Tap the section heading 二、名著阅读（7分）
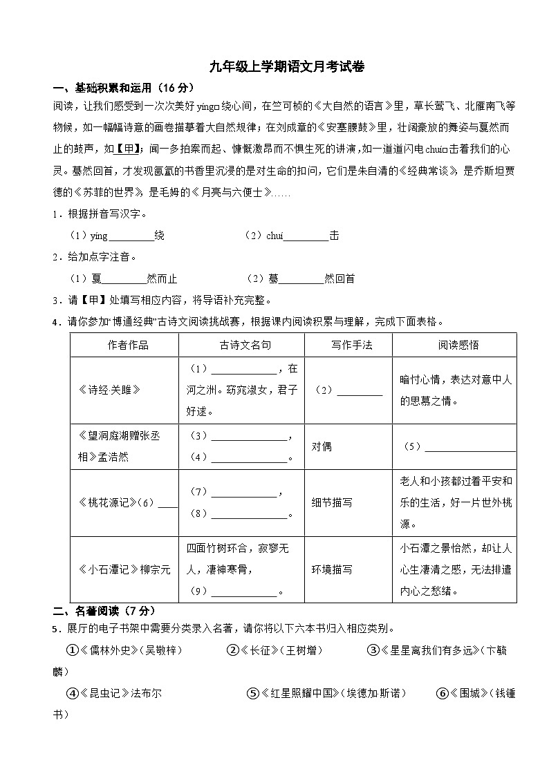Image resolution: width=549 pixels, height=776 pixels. (104, 611)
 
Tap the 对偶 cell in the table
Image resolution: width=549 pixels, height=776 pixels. (322, 446)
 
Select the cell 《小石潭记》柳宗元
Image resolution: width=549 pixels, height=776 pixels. (124, 569)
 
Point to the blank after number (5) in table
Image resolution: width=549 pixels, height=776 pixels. (469, 447)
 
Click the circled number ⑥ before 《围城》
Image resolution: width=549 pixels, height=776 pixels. (443, 693)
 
